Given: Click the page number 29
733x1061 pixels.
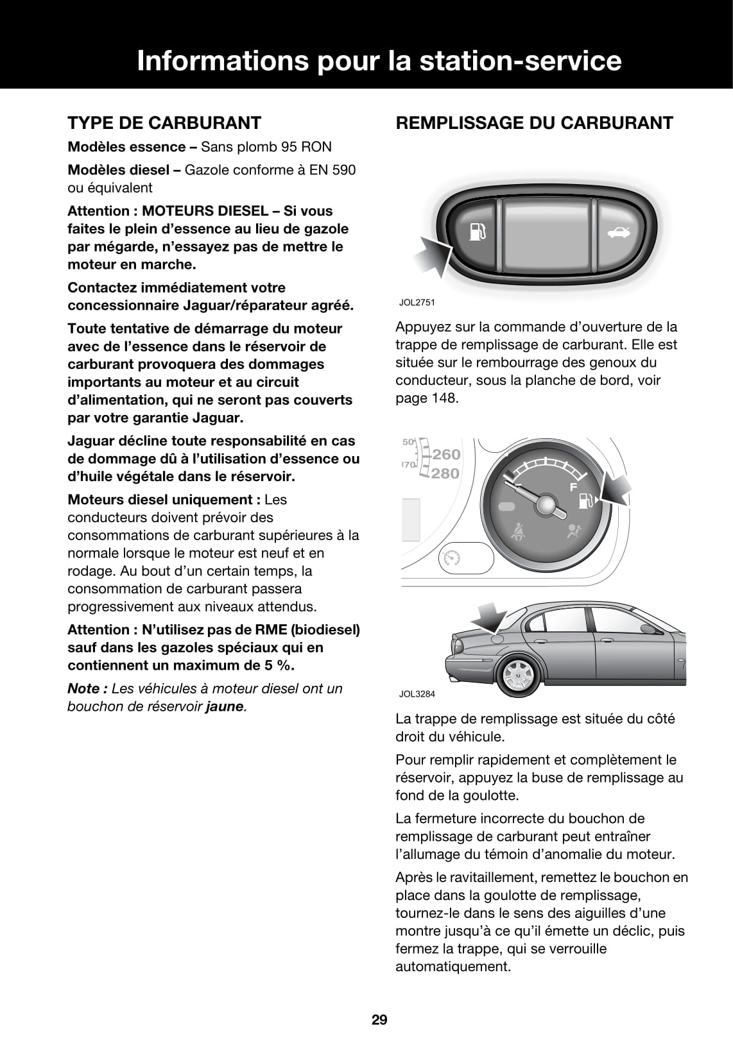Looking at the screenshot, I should pyautogui.click(x=379, y=1019).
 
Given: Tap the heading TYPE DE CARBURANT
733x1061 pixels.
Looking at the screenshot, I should pyautogui.click(x=164, y=123).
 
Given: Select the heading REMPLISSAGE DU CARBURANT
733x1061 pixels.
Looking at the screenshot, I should pyautogui.click(x=534, y=123).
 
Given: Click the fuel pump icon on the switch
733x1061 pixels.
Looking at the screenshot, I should pyautogui.click(x=475, y=232).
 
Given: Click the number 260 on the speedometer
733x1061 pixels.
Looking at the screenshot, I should pyautogui.click(x=446, y=454).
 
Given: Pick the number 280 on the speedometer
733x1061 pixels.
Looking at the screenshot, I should pyautogui.click(x=446, y=473).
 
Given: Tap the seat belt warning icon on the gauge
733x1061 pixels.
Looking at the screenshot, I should pyautogui.click(x=514, y=529).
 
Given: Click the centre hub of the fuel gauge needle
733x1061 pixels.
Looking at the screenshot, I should pyautogui.click(x=547, y=505).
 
